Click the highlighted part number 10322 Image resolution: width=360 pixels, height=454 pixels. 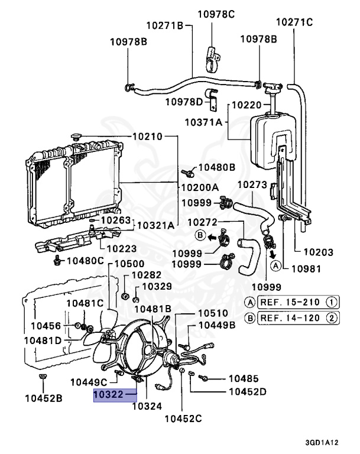coord(108,394)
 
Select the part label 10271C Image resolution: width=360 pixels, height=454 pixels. coord(294,22)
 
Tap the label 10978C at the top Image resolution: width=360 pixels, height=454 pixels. coord(216,14)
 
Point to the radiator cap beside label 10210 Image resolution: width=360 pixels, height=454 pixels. coord(77,137)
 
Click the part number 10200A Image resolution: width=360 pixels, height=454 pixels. coord(200,187)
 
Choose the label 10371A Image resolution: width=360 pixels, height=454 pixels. coord(203,122)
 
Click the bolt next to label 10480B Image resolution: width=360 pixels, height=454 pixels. coord(187,173)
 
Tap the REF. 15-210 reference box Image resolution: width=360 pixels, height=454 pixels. coord(298,302)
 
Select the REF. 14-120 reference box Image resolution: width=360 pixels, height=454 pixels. coord(298,318)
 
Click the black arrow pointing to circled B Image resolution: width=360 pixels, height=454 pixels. coord(212,238)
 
